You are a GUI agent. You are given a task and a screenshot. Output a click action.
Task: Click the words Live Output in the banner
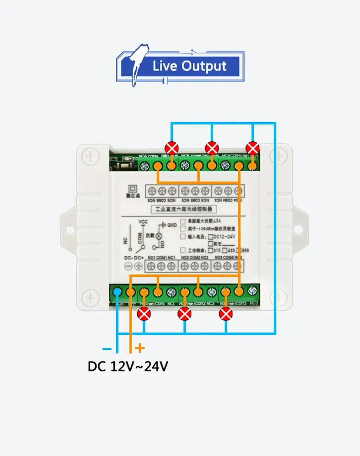[189, 66]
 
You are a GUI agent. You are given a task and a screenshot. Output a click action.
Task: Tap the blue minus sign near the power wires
[107, 349]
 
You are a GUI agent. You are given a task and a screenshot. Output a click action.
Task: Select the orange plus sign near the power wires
[140, 349]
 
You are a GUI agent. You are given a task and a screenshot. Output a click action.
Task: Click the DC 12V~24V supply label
[128, 366]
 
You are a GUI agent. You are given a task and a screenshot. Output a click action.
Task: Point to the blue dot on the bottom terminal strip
[118, 291]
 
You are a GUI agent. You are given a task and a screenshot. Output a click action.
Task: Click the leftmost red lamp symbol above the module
[171, 148]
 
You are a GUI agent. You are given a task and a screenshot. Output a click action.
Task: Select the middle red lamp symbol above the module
[212, 148]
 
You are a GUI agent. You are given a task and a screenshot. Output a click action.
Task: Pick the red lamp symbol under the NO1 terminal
[144, 314]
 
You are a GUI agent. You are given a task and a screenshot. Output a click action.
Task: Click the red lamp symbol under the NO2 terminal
[185, 314]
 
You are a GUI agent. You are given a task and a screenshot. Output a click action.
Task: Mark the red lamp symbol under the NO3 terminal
[226, 314]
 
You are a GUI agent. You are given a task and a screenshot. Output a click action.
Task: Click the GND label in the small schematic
[172, 225]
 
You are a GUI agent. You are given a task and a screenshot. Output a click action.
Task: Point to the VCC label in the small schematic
[143, 222]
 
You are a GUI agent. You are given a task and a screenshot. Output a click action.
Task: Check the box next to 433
[224, 250]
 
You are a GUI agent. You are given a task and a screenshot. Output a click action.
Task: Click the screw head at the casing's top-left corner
[90, 157]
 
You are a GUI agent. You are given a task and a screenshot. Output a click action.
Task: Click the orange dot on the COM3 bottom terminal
[239, 291]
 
